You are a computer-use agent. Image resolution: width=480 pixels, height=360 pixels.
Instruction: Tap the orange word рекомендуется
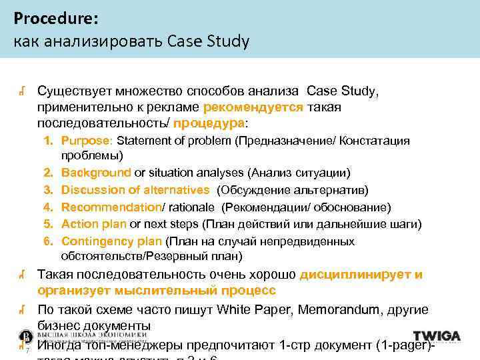click(253, 107)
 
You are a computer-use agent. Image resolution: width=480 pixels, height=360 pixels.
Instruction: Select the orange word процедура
click(209, 123)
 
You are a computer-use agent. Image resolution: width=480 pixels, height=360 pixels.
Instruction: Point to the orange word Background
click(96, 173)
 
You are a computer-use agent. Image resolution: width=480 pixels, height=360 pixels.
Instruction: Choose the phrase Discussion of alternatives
click(135, 190)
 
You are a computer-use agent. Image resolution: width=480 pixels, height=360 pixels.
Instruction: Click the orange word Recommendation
click(111, 207)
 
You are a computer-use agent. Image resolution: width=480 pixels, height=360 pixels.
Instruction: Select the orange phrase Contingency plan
click(111, 241)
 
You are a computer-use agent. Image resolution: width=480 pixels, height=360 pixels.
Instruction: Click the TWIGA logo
click(437, 336)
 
